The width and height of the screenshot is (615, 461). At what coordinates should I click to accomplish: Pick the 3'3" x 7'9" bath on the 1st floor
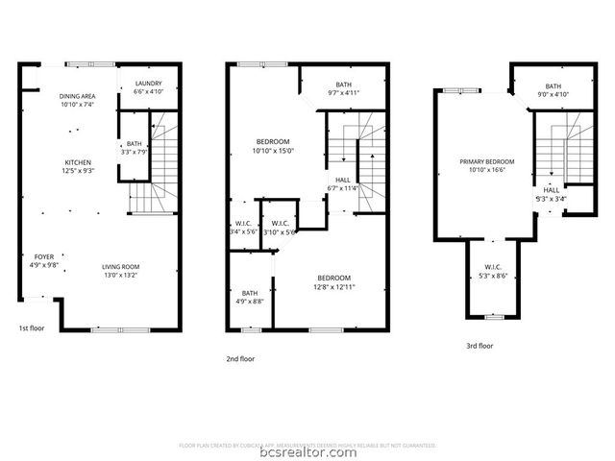(x=135, y=148)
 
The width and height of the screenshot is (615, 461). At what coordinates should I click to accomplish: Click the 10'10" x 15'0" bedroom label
(x=272, y=145)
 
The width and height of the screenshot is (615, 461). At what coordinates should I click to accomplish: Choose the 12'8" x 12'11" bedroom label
(x=333, y=282)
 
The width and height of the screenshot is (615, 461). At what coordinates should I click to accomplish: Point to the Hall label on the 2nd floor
(x=343, y=184)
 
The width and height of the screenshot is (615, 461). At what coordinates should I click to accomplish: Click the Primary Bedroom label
(x=487, y=165)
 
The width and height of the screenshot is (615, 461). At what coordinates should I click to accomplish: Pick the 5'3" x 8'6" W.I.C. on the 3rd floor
(x=493, y=272)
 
